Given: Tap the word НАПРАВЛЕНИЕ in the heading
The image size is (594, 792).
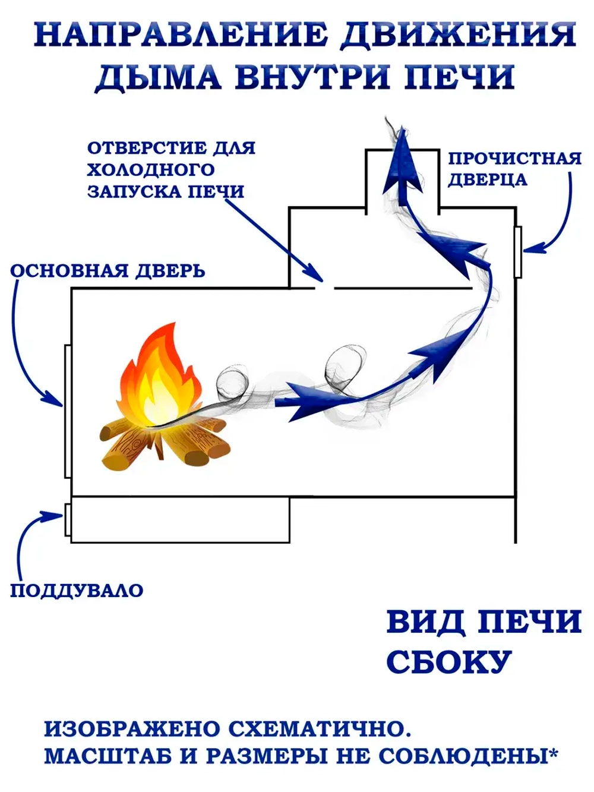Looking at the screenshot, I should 178,35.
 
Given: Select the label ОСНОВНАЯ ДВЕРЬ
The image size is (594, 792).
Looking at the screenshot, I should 108,271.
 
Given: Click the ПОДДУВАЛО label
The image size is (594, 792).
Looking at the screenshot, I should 77,591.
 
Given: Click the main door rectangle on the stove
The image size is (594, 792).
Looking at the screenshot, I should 68,411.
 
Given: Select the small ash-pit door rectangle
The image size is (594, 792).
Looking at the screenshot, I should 68,519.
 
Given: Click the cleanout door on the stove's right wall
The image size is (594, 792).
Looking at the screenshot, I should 517,252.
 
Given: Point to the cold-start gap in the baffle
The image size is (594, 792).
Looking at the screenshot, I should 328,288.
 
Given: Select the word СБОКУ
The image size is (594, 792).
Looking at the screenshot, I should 449,661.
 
